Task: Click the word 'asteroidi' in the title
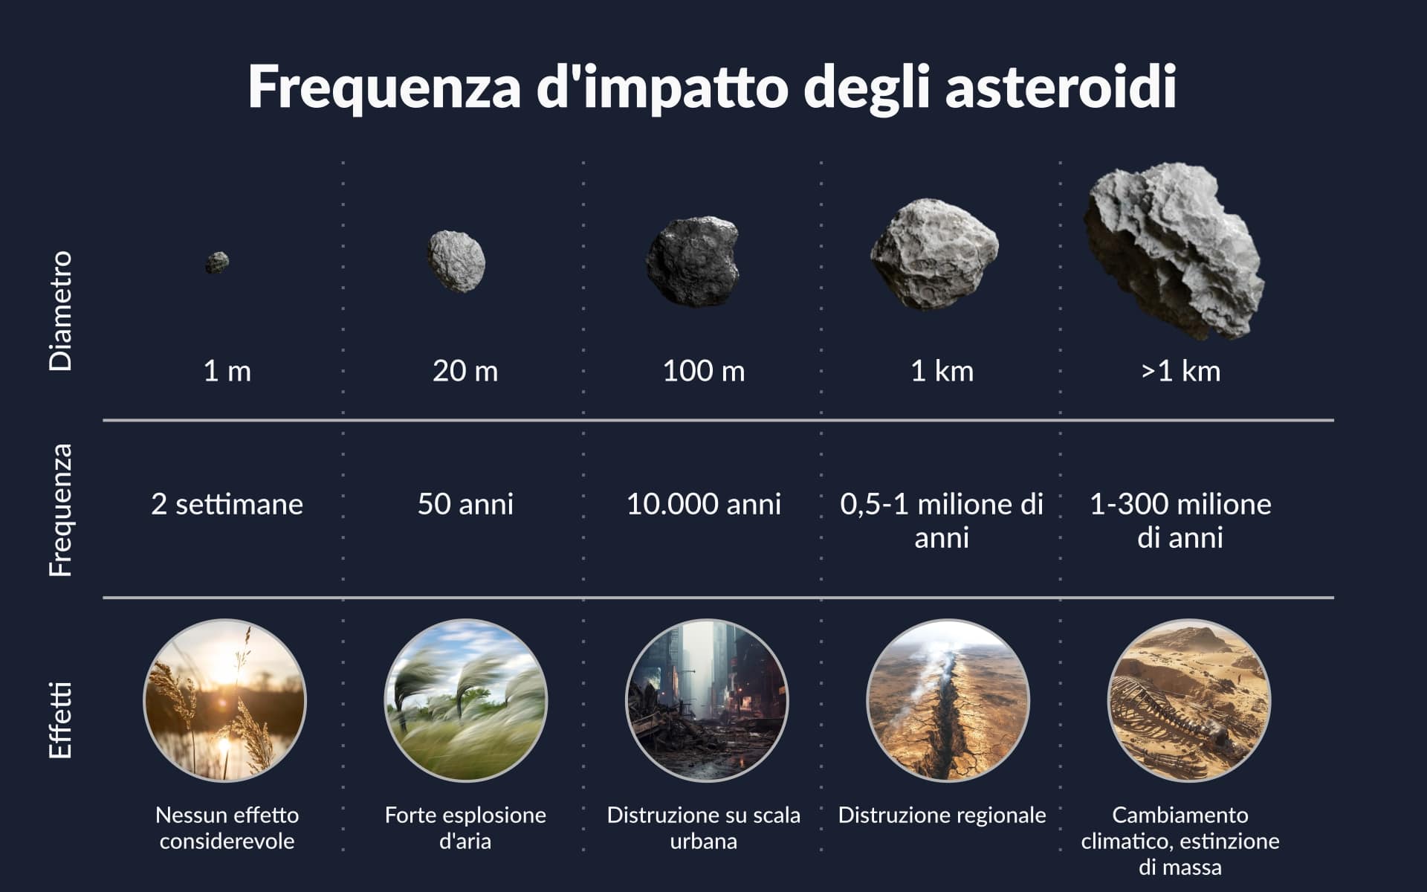pos(1061,87)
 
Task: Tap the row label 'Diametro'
pos(60,310)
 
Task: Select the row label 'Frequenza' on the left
pos(60,510)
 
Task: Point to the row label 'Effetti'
pos(60,720)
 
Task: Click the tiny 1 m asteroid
pos(217,262)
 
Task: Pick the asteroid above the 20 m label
pos(456,261)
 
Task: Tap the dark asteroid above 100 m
pos(693,261)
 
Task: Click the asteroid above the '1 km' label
pos(934,254)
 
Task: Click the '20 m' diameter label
pos(465,371)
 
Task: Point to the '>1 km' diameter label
pos(1180,371)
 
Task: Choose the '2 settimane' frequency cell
pos(227,504)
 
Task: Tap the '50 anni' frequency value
pos(465,504)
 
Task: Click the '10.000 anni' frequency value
pos(704,504)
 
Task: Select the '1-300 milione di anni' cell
pos(1180,520)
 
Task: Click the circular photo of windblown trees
pos(466,700)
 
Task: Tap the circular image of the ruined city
pos(707,700)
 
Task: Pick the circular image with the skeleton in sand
pos(1189,700)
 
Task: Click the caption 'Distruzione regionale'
pos(942,815)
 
